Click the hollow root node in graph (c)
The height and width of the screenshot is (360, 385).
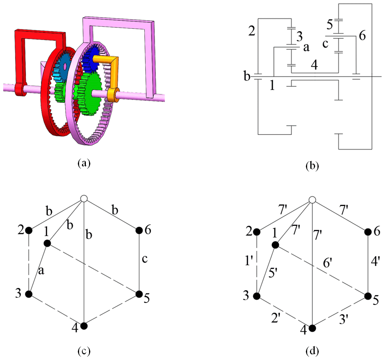(83, 198)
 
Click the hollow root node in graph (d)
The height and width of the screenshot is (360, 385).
(312, 200)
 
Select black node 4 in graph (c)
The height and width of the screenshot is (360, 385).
(84, 326)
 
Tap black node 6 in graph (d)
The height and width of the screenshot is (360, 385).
(367, 232)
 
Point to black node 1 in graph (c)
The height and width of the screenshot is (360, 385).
(47, 243)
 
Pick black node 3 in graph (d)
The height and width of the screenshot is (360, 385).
(257, 296)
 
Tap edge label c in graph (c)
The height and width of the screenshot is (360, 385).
(147, 260)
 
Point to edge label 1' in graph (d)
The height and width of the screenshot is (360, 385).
(248, 264)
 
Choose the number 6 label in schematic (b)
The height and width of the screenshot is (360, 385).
(362, 36)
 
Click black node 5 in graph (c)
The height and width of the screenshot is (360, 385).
(139, 294)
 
